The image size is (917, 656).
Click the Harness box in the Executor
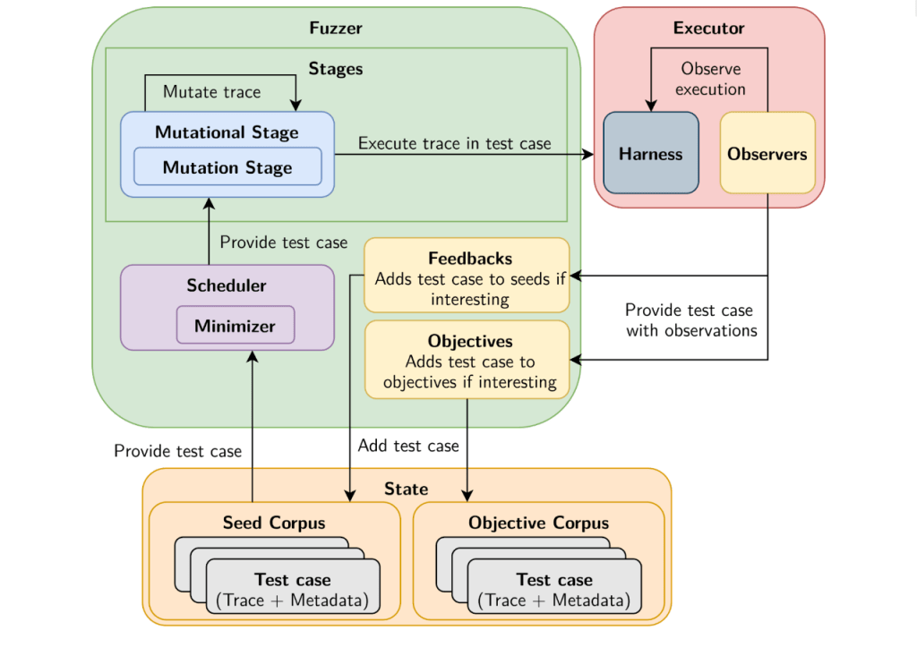click(650, 153)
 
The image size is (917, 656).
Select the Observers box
click(767, 153)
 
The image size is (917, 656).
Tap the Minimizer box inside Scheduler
click(236, 325)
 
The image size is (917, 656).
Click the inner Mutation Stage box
click(227, 167)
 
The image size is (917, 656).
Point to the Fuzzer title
click(336, 28)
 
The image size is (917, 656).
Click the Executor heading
click(708, 28)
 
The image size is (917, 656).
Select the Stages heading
click(336, 68)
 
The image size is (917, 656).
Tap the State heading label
click(406, 489)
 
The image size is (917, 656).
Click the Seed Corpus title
click(274, 523)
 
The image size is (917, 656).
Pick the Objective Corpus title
click(538, 523)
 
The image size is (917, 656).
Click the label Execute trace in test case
click(455, 143)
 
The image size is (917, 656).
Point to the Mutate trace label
click(212, 92)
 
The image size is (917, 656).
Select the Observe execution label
click(710, 79)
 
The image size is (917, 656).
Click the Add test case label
click(408, 446)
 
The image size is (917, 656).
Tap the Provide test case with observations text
click(689, 320)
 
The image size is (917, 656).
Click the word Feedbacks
click(470, 259)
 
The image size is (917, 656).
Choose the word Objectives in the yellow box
click(470, 341)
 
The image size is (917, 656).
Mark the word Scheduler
click(227, 285)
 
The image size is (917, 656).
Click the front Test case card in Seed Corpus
click(293, 589)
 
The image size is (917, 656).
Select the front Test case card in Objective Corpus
click(554, 589)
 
